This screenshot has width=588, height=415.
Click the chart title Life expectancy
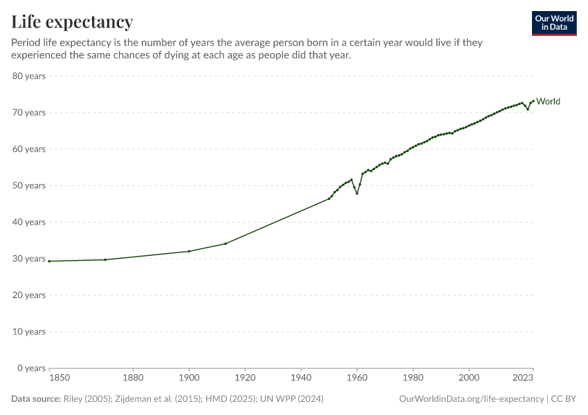tap(72, 22)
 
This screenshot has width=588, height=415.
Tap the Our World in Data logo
tap(553, 23)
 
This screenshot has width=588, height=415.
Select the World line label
tap(548, 102)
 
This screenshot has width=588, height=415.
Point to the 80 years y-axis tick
tap(29, 76)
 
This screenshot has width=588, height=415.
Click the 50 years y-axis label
tap(29, 185)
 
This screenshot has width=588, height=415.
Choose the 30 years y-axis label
tap(29, 259)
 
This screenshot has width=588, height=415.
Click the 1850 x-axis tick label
tap(59, 378)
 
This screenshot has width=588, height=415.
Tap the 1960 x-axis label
tap(357, 378)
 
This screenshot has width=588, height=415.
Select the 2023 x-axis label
tap(524, 378)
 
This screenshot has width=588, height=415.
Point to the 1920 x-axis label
tap(245, 378)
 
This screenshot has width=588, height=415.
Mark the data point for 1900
tap(189, 251)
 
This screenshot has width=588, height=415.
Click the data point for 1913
tap(226, 243)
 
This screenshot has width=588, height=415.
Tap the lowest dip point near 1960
tap(357, 193)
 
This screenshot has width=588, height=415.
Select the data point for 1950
tap(329, 199)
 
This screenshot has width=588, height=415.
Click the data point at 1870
tap(105, 259)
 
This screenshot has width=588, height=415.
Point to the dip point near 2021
tap(528, 109)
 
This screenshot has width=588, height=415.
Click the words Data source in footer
tap(35, 399)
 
